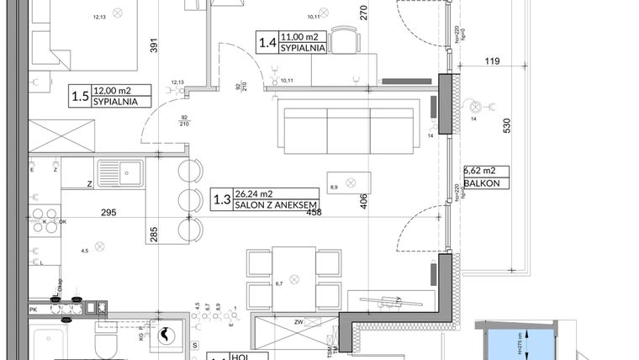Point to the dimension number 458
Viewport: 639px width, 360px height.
[314, 213]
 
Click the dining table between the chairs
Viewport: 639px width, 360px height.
[293, 277]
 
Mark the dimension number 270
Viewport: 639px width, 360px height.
[364, 13]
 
